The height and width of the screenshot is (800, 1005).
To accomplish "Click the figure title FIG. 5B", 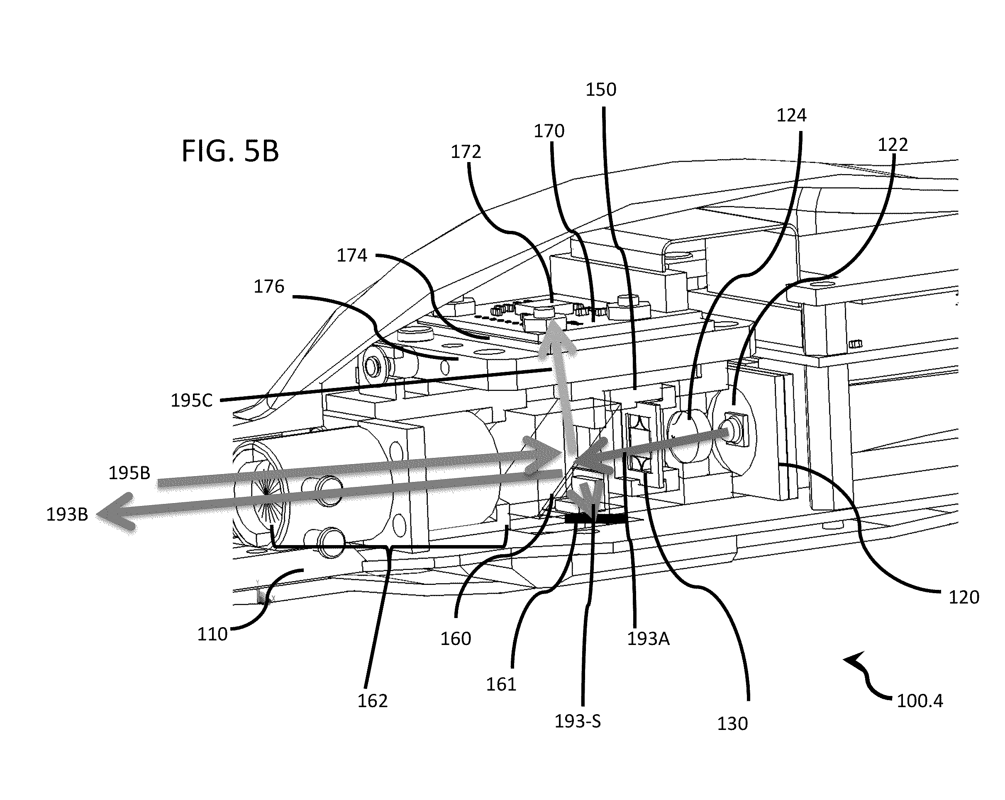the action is point(230,151).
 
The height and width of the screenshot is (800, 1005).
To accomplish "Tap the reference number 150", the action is point(601,90).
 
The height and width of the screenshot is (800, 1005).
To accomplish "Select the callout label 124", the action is point(791,115).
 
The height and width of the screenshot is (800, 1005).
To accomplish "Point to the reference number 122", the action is point(893,145).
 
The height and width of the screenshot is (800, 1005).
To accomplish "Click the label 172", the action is point(466,152).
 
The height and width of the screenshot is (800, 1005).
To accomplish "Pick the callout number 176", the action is point(269,286).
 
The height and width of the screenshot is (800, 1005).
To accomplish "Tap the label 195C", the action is point(192,400).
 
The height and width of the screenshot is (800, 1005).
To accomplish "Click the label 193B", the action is point(67,514).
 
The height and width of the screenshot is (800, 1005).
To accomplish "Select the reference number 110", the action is point(212,634).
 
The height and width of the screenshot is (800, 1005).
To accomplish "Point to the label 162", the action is point(373,701).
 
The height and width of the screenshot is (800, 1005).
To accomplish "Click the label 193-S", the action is point(578,721).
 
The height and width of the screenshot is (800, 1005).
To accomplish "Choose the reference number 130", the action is point(732,724).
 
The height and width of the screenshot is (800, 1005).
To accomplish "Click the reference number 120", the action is point(964,597).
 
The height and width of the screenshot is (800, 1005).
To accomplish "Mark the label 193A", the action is point(649,639).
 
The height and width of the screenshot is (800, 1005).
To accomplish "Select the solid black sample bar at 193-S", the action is point(596,518).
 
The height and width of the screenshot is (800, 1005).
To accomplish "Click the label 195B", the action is point(129,473).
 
